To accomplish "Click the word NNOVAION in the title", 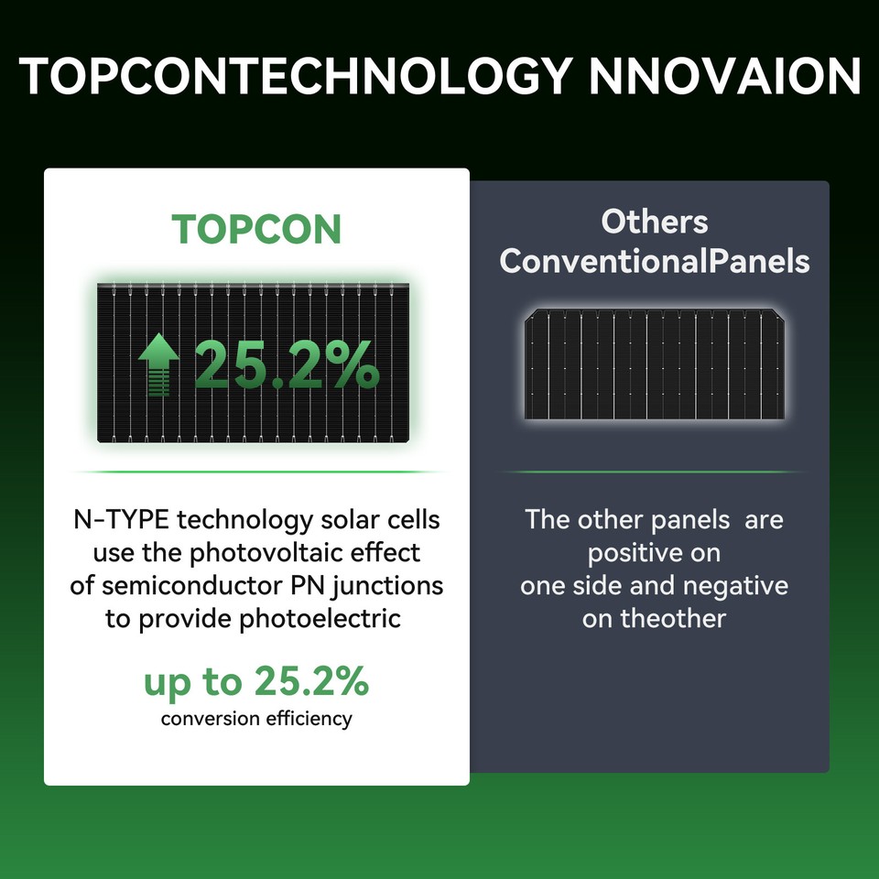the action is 724,76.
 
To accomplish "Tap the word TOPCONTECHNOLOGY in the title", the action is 295,76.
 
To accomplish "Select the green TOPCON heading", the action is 256,229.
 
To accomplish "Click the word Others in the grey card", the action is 654,222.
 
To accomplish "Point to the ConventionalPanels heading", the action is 654,261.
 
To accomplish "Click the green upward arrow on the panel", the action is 158,364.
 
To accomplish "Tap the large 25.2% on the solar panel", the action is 287,364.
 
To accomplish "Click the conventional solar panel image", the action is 654,364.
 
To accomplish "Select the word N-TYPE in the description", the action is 121,520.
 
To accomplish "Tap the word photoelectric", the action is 320,619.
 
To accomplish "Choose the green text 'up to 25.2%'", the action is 256,681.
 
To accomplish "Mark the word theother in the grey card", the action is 673,619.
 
